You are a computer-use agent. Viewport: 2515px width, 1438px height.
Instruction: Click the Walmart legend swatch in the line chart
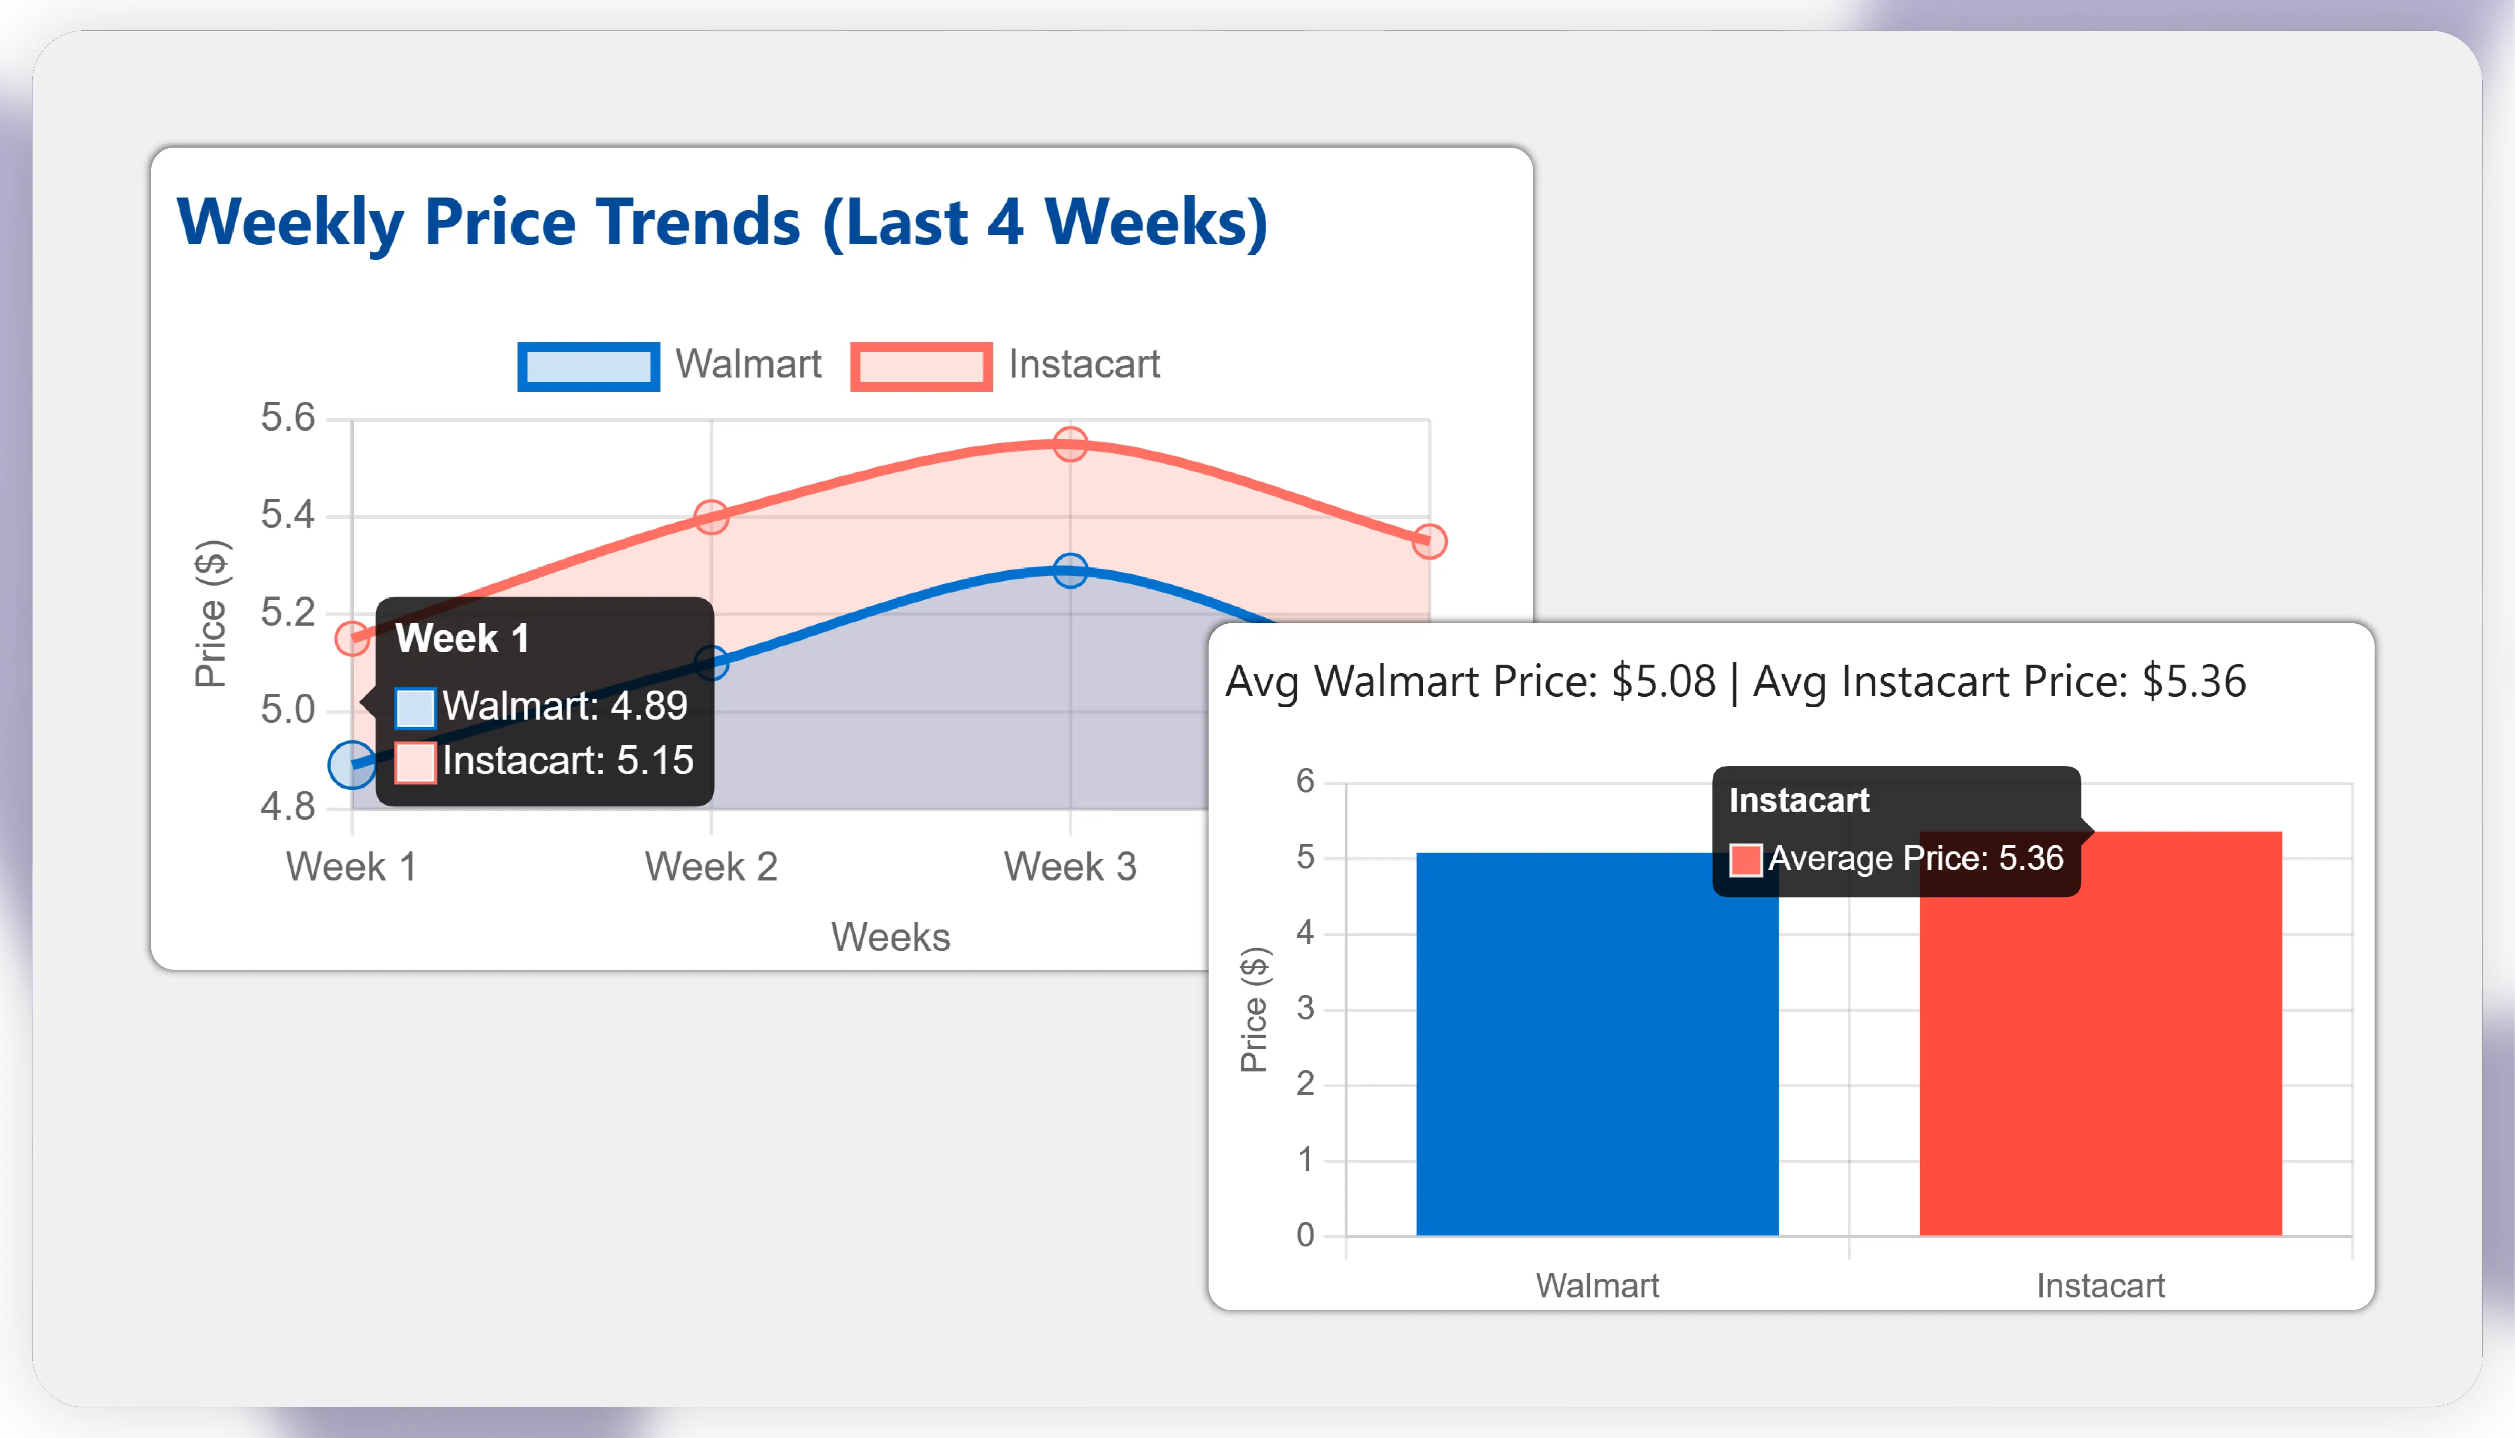pyautogui.click(x=589, y=366)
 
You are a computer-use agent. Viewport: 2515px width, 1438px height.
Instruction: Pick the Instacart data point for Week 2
pyautogui.click(x=711, y=517)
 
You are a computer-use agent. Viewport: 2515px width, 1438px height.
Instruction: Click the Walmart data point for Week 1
pyautogui.click(x=352, y=765)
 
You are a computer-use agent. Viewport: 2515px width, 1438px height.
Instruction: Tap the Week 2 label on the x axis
pyautogui.click(x=711, y=867)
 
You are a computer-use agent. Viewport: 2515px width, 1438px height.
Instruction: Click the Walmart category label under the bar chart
pyautogui.click(x=1597, y=1286)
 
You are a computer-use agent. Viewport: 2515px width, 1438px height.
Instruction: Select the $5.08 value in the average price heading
pyautogui.click(x=1664, y=681)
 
